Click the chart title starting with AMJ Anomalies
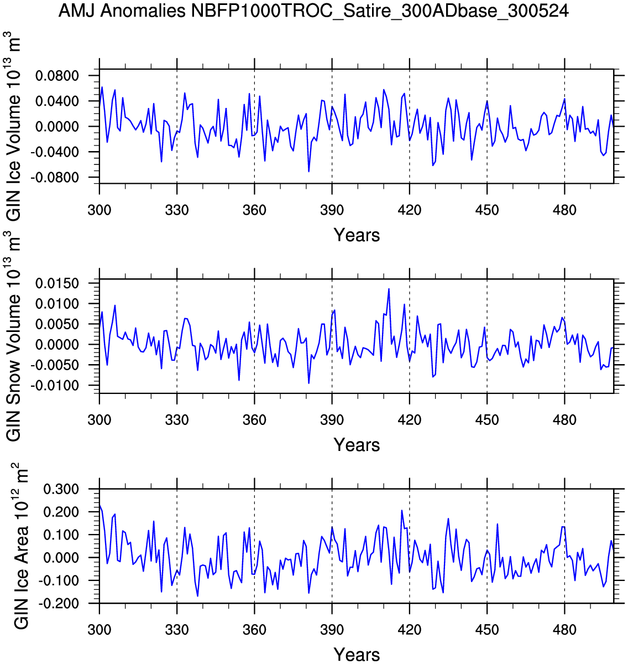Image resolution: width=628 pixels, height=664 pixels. [x=313, y=11]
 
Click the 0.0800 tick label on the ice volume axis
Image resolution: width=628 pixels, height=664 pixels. [x=57, y=76]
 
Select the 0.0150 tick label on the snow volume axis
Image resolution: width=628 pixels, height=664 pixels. [x=57, y=284]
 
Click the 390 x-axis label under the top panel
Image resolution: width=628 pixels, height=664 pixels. [x=332, y=210]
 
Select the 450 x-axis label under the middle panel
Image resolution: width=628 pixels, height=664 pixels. [x=487, y=420]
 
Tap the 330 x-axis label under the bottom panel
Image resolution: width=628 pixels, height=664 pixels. [x=177, y=630]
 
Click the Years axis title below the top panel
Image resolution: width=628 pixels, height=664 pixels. [x=357, y=235]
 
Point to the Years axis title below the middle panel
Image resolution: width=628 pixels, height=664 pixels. [x=357, y=445]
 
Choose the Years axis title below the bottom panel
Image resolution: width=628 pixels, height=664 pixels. [x=357, y=655]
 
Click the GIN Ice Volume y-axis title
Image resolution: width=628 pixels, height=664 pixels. [x=14, y=126]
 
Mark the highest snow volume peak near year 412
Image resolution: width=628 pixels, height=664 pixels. [x=389, y=289]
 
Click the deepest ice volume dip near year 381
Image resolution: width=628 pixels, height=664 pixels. [x=308, y=172]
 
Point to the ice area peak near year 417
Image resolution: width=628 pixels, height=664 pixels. [x=401, y=510]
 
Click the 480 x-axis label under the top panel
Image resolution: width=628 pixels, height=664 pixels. [x=564, y=210]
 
